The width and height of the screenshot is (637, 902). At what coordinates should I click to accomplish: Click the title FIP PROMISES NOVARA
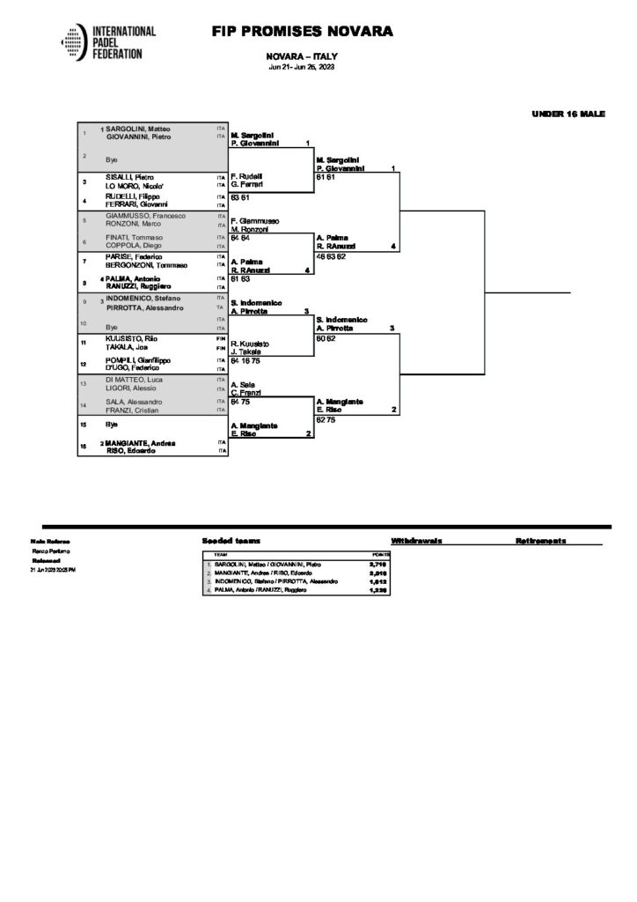tap(301, 32)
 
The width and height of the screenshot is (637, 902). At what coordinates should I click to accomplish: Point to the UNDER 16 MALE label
tap(568, 114)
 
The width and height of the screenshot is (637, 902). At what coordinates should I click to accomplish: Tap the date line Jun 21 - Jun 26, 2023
tap(301, 68)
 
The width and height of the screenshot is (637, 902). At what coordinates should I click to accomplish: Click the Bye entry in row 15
tap(112, 424)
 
